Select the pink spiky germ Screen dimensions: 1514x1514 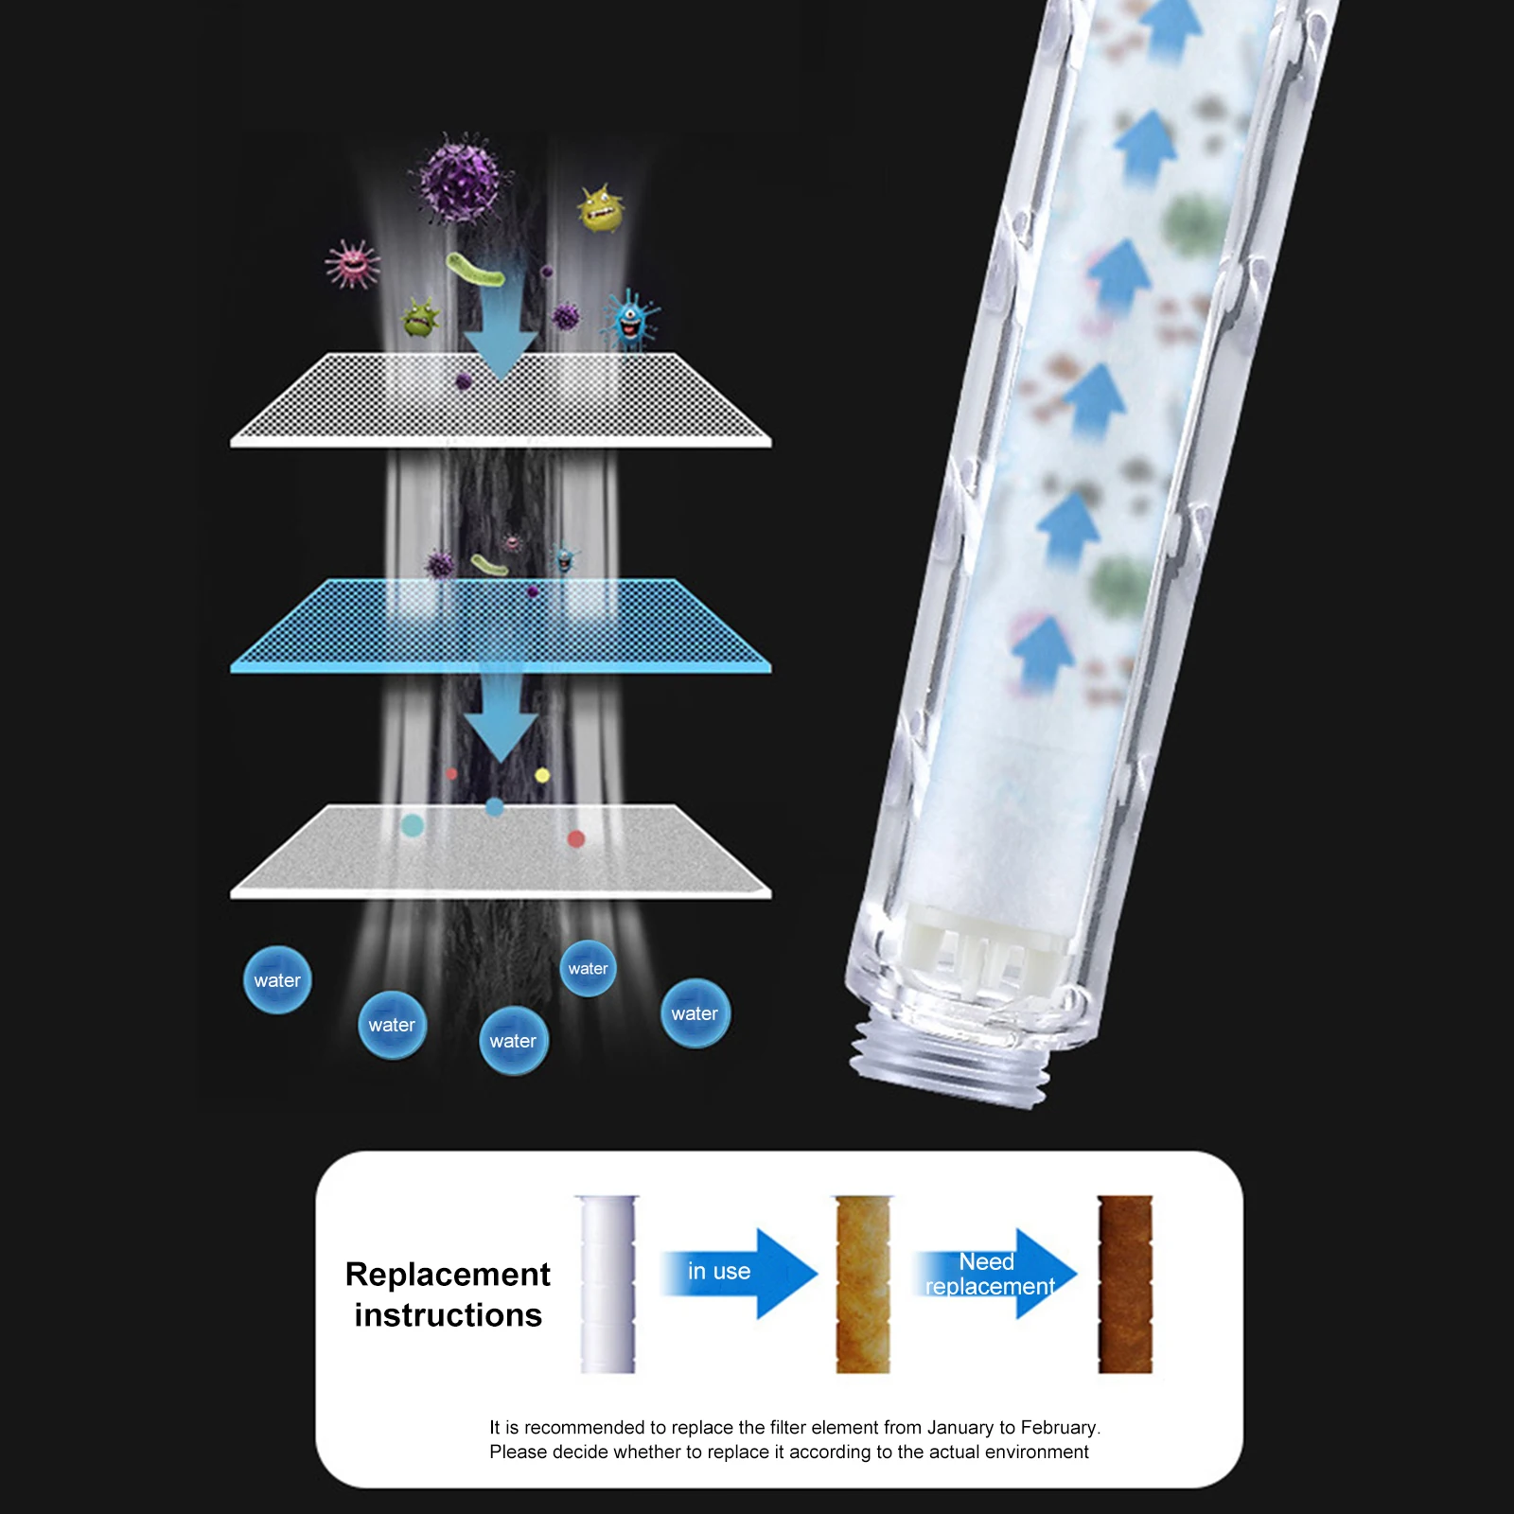[353, 263]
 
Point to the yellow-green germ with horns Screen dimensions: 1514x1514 [601, 208]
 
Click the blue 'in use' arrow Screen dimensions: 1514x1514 [739, 1273]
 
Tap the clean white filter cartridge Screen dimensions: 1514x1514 [607, 1284]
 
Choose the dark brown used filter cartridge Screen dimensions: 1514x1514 [1125, 1284]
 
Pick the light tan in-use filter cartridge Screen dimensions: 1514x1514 [863, 1284]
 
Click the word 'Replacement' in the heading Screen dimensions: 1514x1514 [448, 1275]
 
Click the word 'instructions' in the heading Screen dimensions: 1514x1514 [449, 1315]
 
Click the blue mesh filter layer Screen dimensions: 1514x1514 [501, 625]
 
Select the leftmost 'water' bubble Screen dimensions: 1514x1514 [277, 980]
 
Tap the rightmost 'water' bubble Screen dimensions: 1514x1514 [695, 1013]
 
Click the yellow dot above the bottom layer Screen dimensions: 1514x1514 [542, 776]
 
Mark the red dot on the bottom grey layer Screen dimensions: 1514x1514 [575, 838]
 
